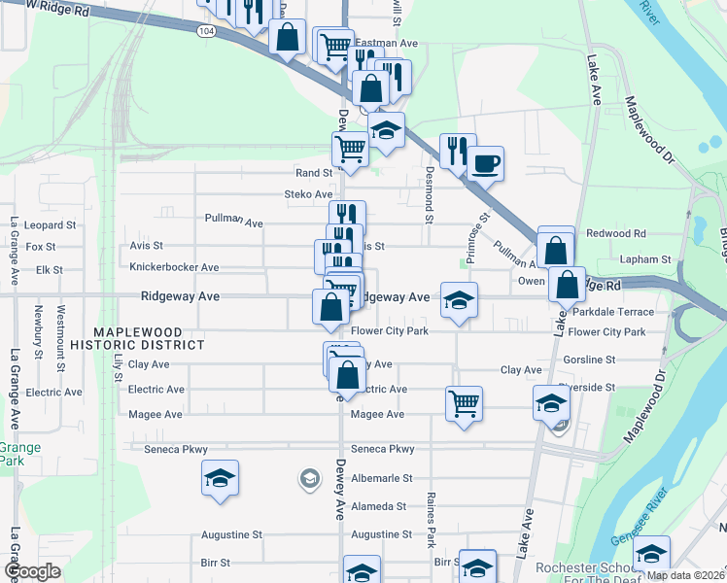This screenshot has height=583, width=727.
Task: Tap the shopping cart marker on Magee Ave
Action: tap(464, 402)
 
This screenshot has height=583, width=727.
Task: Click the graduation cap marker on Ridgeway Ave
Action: tap(459, 299)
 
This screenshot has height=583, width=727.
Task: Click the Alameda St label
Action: tap(378, 506)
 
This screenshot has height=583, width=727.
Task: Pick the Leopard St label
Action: tap(44, 224)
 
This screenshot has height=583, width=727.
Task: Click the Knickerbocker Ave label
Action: tap(174, 267)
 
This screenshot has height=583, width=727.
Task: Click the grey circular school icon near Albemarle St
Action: tap(309, 478)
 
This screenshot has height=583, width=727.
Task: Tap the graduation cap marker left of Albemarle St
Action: tap(220, 478)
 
